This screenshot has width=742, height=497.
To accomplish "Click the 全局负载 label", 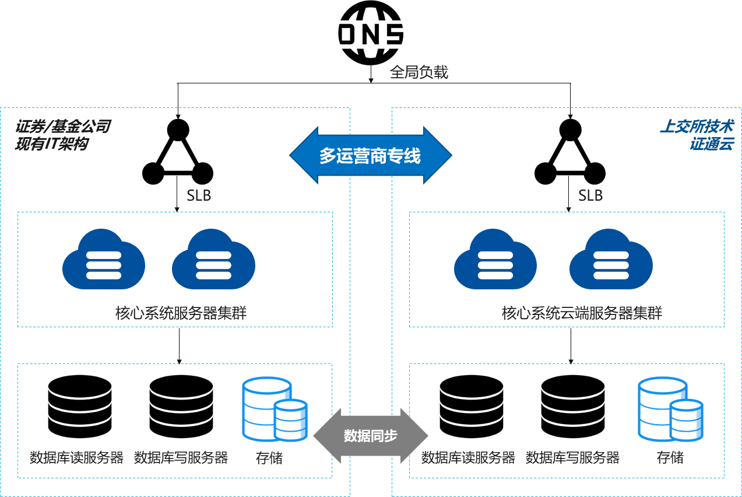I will pos(419,72).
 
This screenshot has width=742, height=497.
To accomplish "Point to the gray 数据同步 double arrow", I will pos(371,436).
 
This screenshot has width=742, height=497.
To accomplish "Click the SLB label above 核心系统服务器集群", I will pos(199,195).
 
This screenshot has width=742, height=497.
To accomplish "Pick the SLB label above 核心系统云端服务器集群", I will pos(590,195).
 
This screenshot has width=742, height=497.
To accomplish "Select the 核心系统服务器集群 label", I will pos(181,313).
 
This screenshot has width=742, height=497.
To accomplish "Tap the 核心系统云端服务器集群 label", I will pos(582,313).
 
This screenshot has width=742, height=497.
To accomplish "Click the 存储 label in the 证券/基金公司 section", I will pos(269,458).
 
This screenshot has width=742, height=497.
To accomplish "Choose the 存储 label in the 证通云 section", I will pos(670,458).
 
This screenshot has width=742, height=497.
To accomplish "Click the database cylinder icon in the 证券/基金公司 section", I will pos(275,409).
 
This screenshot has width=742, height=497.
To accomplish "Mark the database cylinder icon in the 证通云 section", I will pos(670,409).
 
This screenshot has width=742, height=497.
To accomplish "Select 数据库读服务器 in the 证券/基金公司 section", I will pos(76,458).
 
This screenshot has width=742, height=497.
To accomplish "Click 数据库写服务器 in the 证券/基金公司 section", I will pos(181,458).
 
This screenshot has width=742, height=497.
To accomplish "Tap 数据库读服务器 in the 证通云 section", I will pos(468,458).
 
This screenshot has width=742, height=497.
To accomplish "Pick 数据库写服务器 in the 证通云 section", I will pos(572,458).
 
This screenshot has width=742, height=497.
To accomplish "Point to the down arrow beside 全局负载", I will pos(371,72).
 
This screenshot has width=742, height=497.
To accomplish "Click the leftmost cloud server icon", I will pos(104,259).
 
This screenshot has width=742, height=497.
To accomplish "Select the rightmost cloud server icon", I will pos(611,259).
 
